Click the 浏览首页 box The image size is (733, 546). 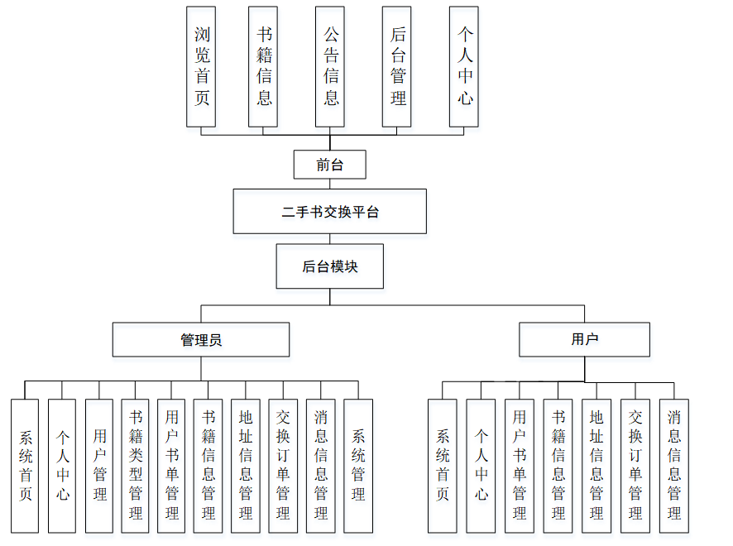[x=201, y=66]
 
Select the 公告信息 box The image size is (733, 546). [x=330, y=66]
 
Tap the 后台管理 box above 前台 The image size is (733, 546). [x=397, y=66]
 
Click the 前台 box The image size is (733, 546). [x=329, y=165]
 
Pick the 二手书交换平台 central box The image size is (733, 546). [x=329, y=212]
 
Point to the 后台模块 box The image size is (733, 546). [x=329, y=266]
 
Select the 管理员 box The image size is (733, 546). [x=201, y=339]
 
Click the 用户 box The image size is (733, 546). [x=584, y=339]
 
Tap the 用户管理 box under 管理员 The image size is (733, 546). [x=99, y=466]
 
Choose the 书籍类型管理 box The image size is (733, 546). [x=136, y=466]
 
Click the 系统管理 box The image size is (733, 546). [x=358, y=466]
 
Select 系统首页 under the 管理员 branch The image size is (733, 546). [x=25, y=466]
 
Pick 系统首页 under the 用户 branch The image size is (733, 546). [x=443, y=466]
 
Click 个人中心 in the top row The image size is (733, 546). [x=464, y=66]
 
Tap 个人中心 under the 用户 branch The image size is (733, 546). [x=481, y=466]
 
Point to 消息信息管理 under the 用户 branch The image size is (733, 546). [x=674, y=466]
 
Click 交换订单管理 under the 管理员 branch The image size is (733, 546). [x=283, y=466]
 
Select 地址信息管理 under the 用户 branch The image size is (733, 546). [x=596, y=466]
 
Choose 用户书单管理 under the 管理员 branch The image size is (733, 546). [x=171, y=466]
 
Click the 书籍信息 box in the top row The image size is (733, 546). [x=263, y=66]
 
